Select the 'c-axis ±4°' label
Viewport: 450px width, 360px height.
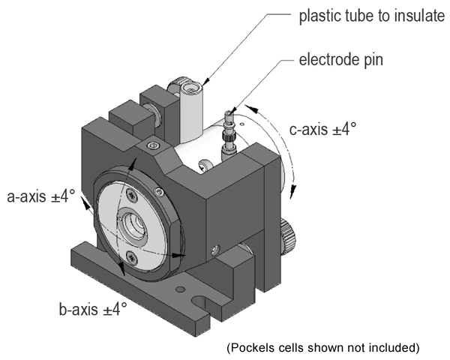coord(322,129)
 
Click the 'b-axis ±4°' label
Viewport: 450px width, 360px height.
coord(92,307)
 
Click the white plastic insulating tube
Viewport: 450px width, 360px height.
coord(192,120)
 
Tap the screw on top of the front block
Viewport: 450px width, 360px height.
coord(153,144)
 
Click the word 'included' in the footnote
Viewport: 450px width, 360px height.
coord(394,347)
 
